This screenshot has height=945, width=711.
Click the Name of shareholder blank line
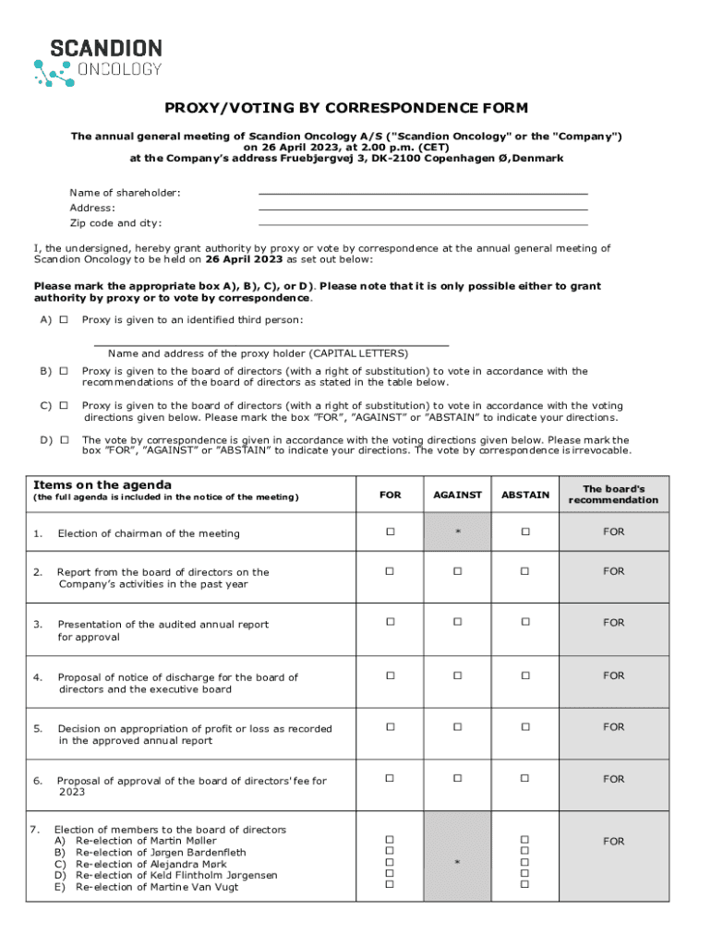423,193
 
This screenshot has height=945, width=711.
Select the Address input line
423,209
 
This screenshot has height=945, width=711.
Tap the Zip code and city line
423,223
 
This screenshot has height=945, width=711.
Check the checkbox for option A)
64,320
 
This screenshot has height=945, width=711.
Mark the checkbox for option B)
64,371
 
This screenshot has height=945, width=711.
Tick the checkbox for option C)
64,405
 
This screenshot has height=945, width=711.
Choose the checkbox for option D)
64,439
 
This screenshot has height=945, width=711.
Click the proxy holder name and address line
271,343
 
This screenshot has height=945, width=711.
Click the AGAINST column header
457,495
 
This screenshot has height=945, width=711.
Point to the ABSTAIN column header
524,495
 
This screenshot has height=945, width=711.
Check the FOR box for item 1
390,532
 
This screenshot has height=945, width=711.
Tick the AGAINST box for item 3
457,623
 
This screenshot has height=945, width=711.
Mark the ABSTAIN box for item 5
524,727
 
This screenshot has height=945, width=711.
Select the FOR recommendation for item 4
613,676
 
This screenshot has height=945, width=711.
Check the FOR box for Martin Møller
390,840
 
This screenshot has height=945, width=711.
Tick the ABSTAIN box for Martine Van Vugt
524,884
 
